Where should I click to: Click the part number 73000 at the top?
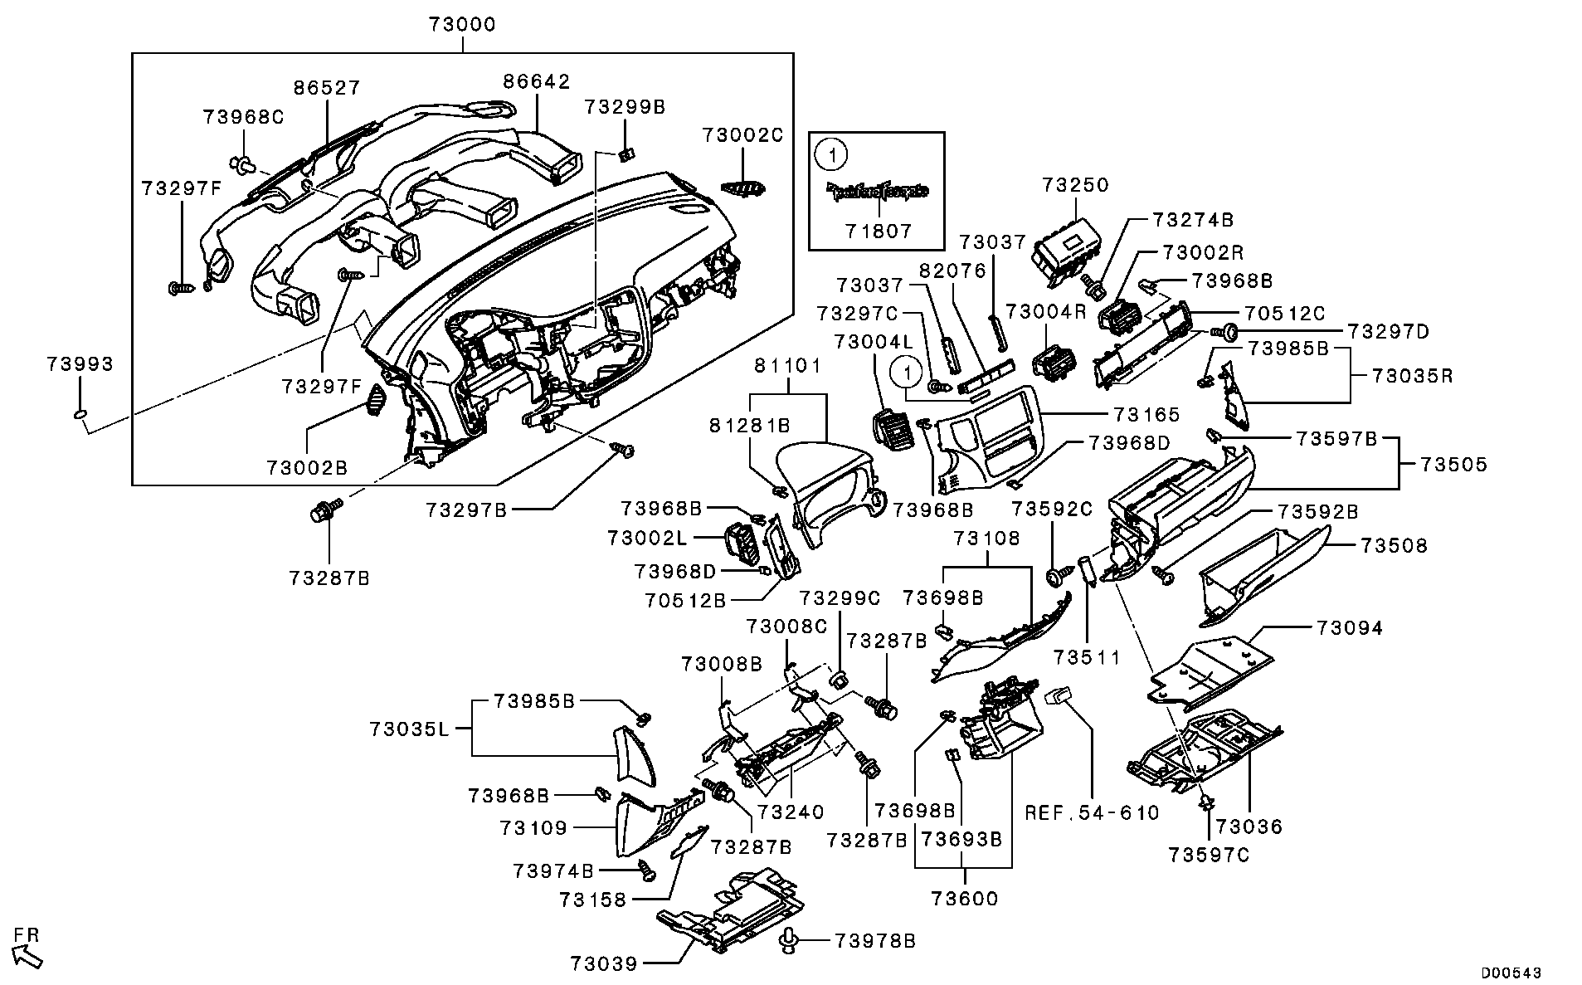tap(462, 25)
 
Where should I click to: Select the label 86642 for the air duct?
tap(537, 81)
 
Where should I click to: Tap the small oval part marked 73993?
tap(80, 414)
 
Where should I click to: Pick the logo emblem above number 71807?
tap(876, 193)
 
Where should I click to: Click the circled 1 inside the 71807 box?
tap(830, 153)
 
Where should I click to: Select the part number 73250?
tap(1075, 185)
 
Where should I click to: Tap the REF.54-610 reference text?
tap(1092, 812)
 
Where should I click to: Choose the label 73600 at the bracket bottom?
tap(964, 899)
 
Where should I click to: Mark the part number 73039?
tap(604, 963)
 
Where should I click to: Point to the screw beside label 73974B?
tap(646, 871)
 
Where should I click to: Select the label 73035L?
tap(409, 729)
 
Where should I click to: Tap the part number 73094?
tap(1349, 628)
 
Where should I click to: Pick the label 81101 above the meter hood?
tap(787, 365)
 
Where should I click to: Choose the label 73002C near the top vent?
tap(742, 135)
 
